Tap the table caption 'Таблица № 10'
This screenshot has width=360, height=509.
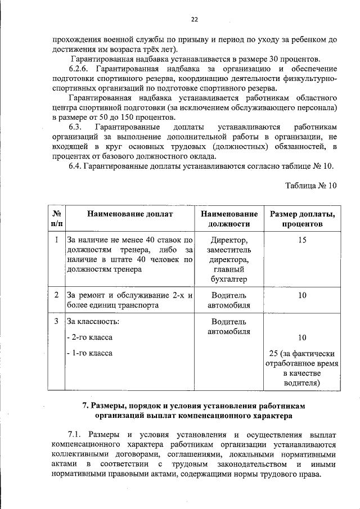(310, 186)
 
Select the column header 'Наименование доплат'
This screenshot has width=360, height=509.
(130, 214)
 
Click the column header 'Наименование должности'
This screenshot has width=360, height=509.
(229, 219)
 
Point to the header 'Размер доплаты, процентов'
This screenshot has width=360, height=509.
(302, 219)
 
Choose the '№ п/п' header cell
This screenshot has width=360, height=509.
(57, 219)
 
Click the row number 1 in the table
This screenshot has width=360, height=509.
(57, 240)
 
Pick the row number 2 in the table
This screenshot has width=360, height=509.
(57, 295)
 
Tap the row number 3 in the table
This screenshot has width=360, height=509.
(57, 322)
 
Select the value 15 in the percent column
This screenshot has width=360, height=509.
(302, 240)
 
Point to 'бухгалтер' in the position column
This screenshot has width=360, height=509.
(229, 280)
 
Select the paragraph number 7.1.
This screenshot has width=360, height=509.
(75, 435)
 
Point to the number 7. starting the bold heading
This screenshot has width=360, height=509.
(86, 406)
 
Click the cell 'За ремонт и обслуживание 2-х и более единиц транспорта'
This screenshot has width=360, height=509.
(130, 300)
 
